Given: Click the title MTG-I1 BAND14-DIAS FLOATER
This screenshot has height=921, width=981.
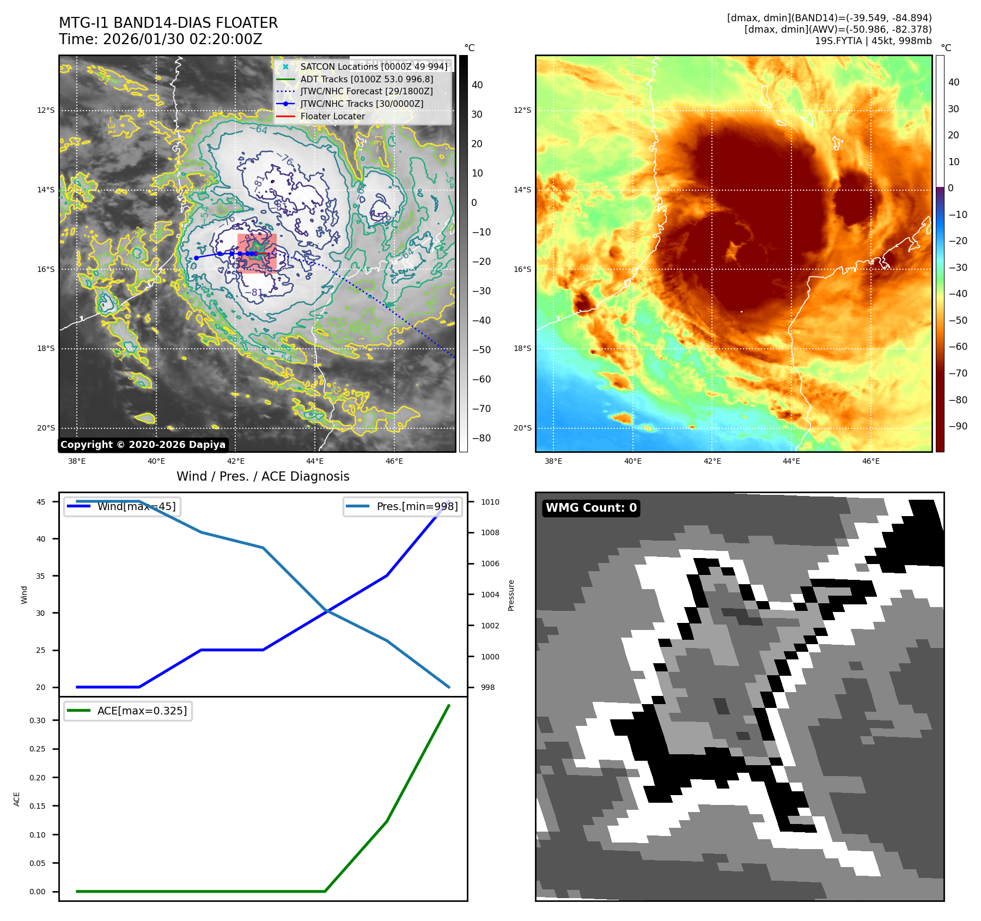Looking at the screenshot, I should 168,23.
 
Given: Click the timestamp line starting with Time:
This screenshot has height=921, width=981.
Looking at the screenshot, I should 161,39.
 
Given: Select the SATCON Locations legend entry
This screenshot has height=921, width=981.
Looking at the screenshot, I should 374,66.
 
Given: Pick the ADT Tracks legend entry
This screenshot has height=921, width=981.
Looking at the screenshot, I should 367,79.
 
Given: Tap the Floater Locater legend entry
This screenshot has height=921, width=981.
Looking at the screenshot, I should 332,116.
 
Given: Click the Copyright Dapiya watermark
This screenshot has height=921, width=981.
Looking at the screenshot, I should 143,445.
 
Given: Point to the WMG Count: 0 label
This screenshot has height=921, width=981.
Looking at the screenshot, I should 591,508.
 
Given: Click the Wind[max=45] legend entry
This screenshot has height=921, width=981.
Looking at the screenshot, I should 136,506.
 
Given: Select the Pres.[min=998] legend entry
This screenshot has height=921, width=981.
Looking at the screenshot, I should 417,506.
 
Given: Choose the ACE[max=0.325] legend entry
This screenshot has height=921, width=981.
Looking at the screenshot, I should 142,711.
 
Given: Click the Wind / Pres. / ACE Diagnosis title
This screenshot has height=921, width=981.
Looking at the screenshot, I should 263,476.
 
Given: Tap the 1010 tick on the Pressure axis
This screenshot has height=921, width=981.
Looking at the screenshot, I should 490,502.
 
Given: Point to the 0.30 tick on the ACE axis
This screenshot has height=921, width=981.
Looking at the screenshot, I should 38,720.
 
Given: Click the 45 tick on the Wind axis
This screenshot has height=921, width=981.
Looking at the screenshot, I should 41,502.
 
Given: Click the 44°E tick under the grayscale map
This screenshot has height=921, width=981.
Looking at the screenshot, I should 315,462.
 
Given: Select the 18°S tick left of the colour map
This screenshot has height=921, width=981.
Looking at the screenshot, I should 522,349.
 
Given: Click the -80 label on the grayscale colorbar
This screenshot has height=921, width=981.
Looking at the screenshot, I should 481,438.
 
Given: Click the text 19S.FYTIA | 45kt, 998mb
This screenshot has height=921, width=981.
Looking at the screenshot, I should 873,41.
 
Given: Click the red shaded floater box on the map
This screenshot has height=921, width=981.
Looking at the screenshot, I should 257,253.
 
